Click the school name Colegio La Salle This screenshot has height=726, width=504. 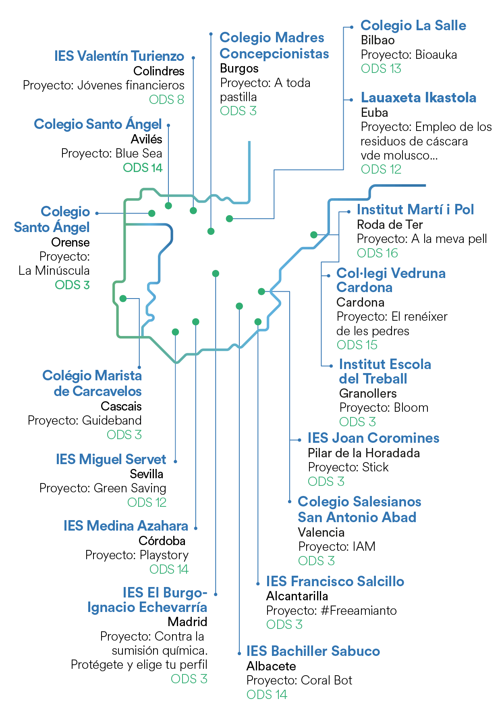coord(413,26)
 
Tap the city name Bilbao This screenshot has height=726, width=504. coord(377,40)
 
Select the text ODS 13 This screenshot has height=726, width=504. coord(381,69)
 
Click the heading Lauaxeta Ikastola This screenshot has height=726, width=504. coord(418,98)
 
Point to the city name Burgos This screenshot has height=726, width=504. coord(239,68)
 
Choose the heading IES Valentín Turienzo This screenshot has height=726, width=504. coord(120,56)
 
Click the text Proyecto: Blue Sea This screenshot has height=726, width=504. coord(112,153)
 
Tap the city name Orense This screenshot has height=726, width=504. coord(70,243)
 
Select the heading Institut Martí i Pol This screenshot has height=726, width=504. coord(415,210)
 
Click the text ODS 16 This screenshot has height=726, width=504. coord(377,253)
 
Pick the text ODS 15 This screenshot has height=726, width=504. coord(357,345)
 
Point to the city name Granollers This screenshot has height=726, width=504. coord(368,394)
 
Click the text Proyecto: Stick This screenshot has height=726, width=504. coord(348,467)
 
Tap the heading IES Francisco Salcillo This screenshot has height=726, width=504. coord(335,582)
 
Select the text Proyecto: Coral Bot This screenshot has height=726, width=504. coord(299,680)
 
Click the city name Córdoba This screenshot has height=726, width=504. coord(162,541)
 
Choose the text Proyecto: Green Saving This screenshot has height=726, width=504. coord(103,488)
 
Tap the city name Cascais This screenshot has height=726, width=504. coord(121,406)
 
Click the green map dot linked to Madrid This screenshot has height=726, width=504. coord(216,274)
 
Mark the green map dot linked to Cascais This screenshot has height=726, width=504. coord(123,299)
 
